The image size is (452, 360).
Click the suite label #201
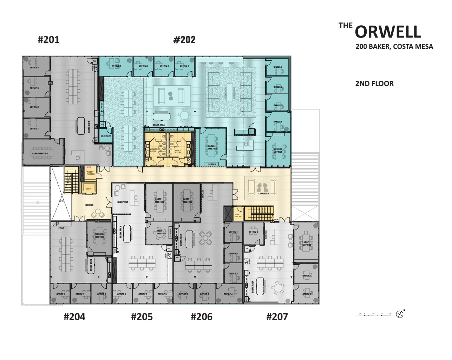[x=48, y=40]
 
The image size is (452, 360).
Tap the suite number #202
[x=184, y=40]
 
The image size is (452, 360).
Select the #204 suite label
[x=74, y=317]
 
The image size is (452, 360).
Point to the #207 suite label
[x=277, y=317]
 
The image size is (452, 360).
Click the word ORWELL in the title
[x=387, y=32]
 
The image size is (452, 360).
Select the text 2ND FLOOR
[x=374, y=84]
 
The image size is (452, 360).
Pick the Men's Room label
[x=178, y=151]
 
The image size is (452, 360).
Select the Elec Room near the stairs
[x=238, y=215]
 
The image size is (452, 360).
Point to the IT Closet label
[x=106, y=136]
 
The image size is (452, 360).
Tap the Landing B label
[x=263, y=194]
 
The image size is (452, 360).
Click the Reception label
[x=123, y=202]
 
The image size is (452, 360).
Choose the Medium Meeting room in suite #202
[x=278, y=151]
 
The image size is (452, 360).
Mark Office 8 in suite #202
[x=277, y=122]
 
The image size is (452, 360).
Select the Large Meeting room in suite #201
[x=40, y=153]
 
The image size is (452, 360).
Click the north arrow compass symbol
[x=399, y=314]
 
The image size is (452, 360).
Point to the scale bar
[x=373, y=315]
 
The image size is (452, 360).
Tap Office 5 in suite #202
[x=277, y=67]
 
